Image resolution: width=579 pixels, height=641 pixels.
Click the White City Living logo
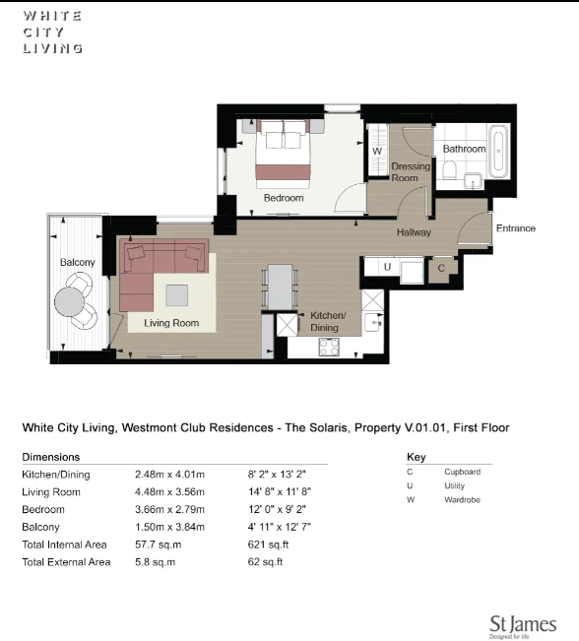pos(52,32)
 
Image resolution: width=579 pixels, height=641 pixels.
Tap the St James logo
pos(523,626)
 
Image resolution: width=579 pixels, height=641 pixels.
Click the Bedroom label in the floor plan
pos(284,198)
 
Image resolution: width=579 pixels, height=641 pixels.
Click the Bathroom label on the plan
pos(463,149)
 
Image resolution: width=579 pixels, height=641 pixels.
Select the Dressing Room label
pos(411,172)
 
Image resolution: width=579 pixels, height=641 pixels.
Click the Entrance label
pos(515,228)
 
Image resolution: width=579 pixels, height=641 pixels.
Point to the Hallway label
pos(415,233)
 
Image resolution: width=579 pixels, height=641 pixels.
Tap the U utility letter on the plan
pos(387,267)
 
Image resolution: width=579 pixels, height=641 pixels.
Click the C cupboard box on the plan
pos(441,267)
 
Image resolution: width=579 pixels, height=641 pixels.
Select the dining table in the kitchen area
pos(281,288)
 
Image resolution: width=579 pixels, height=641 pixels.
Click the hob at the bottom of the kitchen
pos(328,347)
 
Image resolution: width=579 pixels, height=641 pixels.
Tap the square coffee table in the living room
pos(177,295)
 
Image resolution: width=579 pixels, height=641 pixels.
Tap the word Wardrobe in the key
pos(462,500)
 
